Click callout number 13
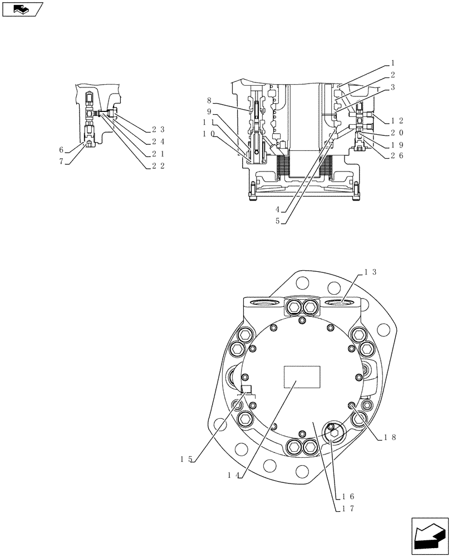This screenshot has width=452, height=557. click(370, 272)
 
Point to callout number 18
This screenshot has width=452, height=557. click(390, 438)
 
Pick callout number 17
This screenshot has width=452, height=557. click(348, 508)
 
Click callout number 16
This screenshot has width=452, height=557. click(348, 496)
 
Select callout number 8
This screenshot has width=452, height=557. click(209, 101)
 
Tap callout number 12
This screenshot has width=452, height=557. click(397, 121)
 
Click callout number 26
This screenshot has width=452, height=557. click(397, 155)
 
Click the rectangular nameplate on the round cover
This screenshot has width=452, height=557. click(302, 377)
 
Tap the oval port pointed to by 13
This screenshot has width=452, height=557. click(341, 302)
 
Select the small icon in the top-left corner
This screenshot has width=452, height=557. click(22, 9)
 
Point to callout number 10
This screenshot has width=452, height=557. click(209, 134)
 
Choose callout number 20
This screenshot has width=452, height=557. click(397, 133)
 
